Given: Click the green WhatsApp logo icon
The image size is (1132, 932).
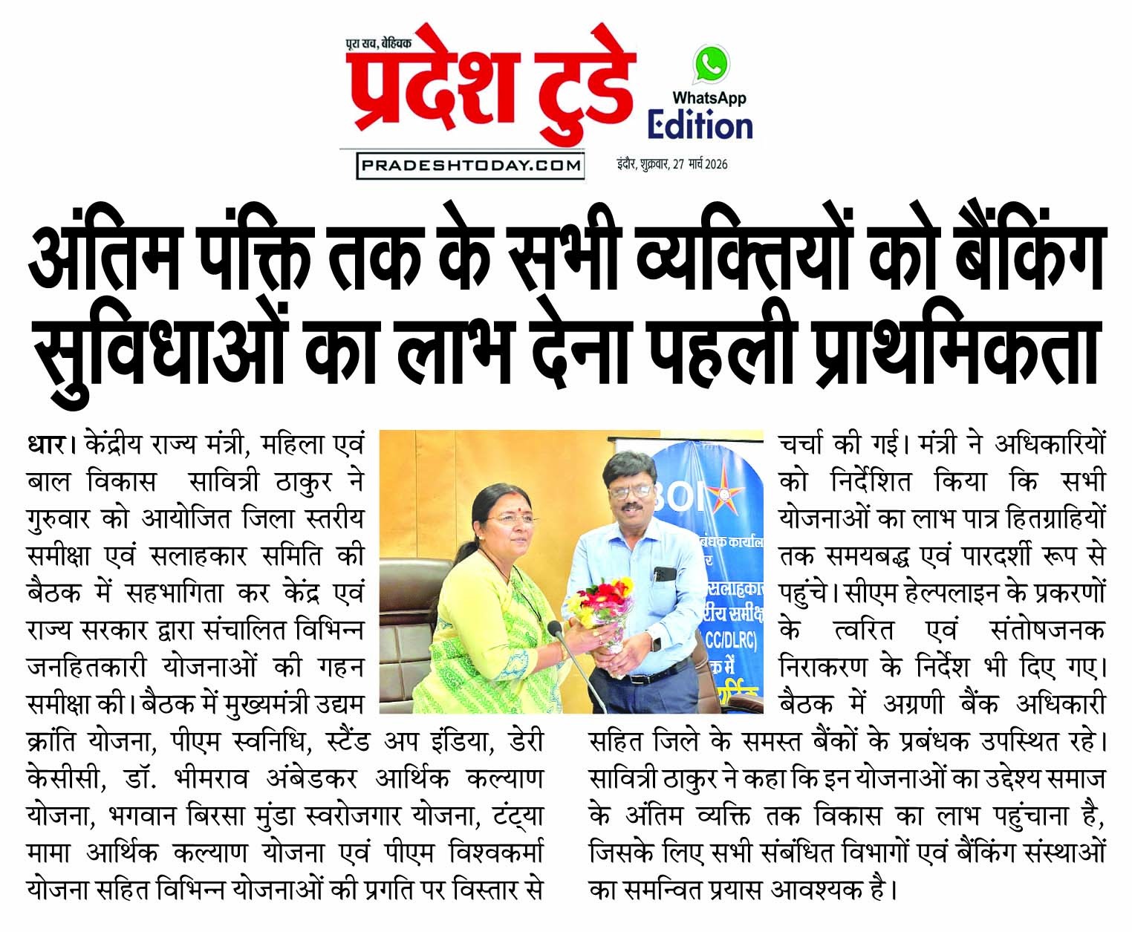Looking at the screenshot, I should coord(711,65).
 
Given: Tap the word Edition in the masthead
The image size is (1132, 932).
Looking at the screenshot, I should coord(700,126).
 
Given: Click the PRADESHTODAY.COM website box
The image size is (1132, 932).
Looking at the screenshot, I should coord(470,165).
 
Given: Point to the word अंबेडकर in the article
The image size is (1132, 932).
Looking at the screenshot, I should coord(311,779).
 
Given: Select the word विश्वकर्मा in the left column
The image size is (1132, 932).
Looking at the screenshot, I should coord(497,853).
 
